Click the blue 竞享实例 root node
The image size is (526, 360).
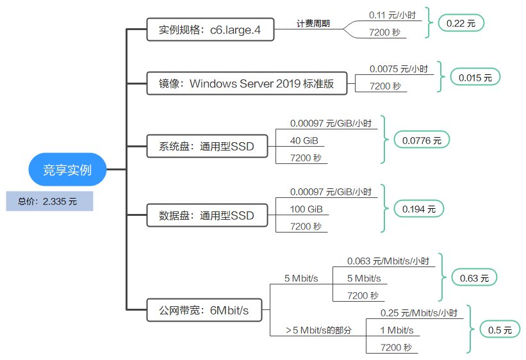click(x=67, y=170)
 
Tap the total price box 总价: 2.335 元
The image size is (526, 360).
click(x=49, y=201)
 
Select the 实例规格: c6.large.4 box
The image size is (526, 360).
click(x=210, y=29)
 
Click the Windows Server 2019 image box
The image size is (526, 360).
click(x=247, y=83)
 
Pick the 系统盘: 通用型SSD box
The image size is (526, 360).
click(x=208, y=146)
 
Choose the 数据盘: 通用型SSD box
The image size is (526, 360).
click(x=208, y=215)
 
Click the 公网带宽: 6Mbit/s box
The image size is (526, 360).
click(x=204, y=310)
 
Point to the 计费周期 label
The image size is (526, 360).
click(x=313, y=24)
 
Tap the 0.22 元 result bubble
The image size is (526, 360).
click(x=461, y=23)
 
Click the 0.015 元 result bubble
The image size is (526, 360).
click(x=475, y=78)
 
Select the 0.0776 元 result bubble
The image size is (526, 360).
click(x=422, y=140)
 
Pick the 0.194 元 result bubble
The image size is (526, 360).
click(x=418, y=209)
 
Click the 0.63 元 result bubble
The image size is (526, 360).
click(x=474, y=277)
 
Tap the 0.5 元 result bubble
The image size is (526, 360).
click(x=500, y=329)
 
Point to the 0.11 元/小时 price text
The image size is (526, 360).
click(x=392, y=15)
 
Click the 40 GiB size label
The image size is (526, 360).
click(x=304, y=140)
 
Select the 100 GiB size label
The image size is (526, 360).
click(x=306, y=209)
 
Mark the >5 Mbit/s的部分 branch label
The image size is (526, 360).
click(x=318, y=330)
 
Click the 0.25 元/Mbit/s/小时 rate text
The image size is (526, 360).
click(x=418, y=313)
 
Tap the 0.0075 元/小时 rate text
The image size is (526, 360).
click(x=399, y=69)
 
